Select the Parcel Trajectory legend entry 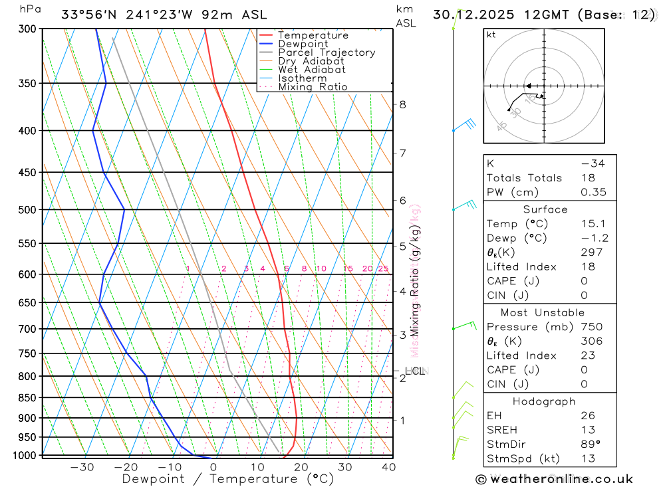click(327, 52)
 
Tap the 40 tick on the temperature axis click(389, 467)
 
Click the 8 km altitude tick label click(403, 104)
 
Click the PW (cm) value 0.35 click(593, 193)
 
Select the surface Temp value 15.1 click(593, 224)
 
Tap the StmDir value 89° click(591, 444)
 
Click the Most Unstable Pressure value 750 click(591, 327)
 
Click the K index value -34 click(592, 163)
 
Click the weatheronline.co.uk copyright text click(555, 479)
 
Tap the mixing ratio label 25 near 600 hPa click(383, 268)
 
